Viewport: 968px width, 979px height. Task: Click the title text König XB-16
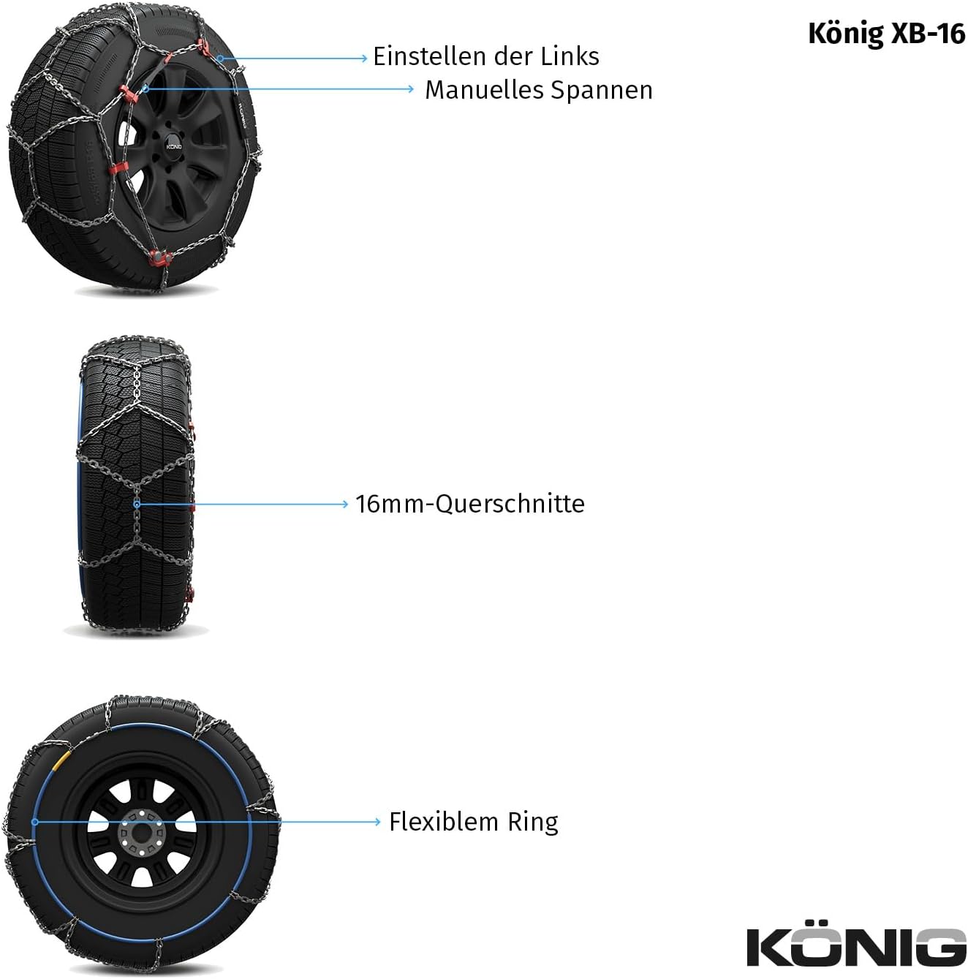point(885,34)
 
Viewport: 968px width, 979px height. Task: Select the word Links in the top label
point(570,56)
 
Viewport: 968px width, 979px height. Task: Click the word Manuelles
point(484,91)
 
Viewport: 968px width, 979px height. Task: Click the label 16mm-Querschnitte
point(469,504)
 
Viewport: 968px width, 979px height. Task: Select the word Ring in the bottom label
point(532,823)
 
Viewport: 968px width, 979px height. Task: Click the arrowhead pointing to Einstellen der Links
point(364,58)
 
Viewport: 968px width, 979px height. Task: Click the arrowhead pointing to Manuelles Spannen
point(411,89)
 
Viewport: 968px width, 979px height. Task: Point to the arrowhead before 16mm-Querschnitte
point(345,504)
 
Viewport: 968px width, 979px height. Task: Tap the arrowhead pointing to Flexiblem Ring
point(377,822)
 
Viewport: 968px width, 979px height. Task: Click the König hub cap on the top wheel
point(173,146)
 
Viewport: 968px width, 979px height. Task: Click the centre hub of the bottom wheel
point(142,835)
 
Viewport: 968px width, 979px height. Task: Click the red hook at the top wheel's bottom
point(160,259)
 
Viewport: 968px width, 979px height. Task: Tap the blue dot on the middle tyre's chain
point(137,504)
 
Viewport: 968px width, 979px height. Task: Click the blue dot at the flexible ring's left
point(34,822)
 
